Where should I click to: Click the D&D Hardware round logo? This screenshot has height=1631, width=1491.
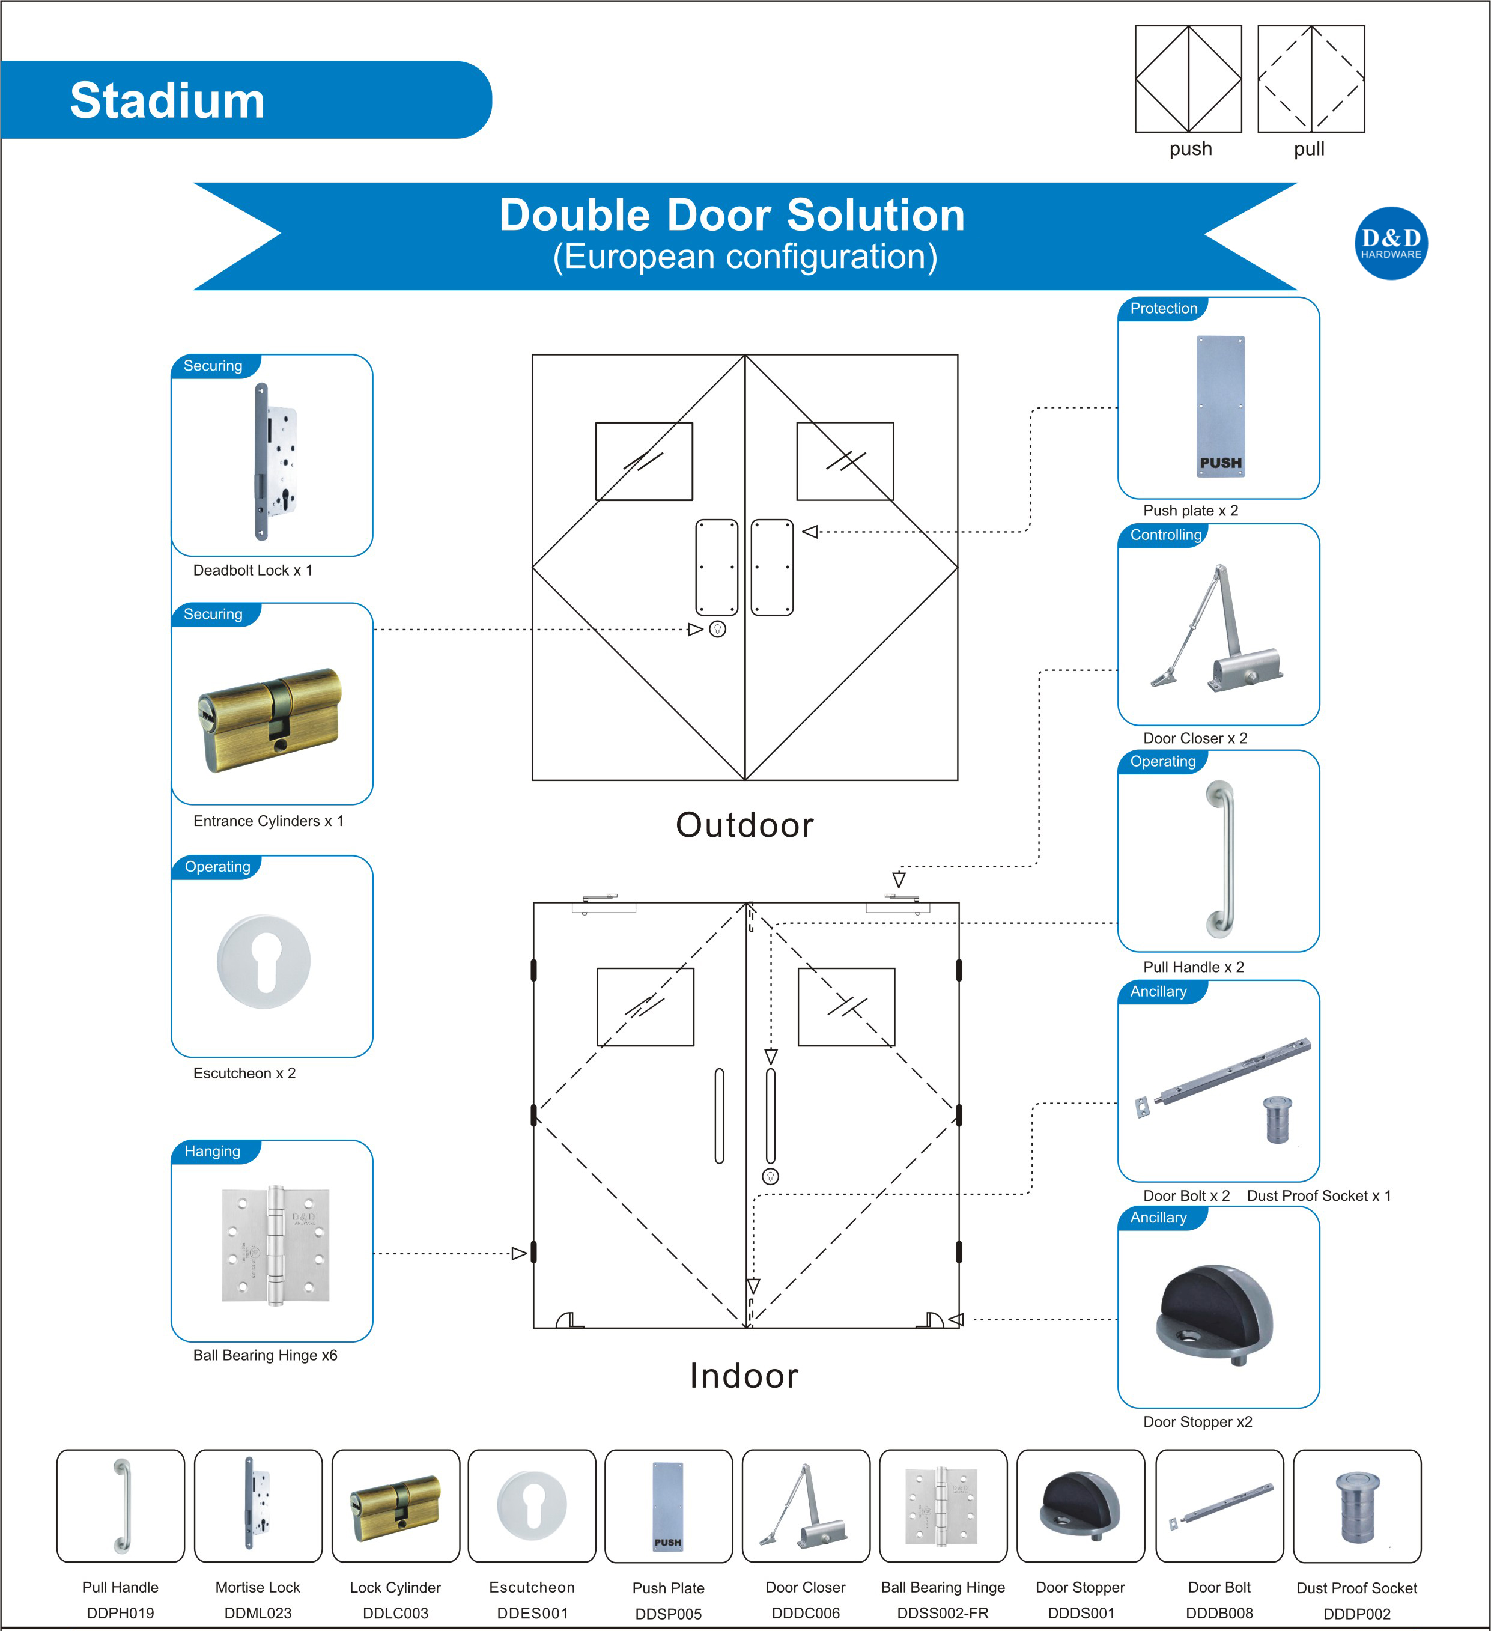[x=1390, y=243]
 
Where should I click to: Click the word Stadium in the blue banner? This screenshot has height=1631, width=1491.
[x=168, y=101]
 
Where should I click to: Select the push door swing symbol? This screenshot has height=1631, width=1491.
[x=1188, y=79]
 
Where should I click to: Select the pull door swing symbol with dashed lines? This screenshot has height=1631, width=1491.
[x=1311, y=79]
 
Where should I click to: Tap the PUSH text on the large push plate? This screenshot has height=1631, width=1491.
[x=1220, y=463]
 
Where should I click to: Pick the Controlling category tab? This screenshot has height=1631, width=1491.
[x=1165, y=535]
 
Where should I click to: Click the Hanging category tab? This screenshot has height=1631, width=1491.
[x=212, y=1150]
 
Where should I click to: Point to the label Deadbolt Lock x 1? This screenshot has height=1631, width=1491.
[x=252, y=570]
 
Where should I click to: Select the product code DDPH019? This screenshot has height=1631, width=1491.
[x=120, y=1612]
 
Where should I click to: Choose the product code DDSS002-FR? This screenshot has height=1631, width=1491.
[x=943, y=1612]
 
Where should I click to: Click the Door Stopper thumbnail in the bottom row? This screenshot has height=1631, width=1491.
[x=1080, y=1505]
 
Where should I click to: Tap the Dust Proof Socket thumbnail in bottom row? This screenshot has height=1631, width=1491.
[x=1356, y=1505]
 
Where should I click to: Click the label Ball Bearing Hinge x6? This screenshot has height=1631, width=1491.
[x=264, y=1355]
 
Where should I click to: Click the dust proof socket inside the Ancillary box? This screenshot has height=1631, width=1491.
[x=1277, y=1120]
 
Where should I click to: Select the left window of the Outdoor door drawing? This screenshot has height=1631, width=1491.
[x=644, y=461]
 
